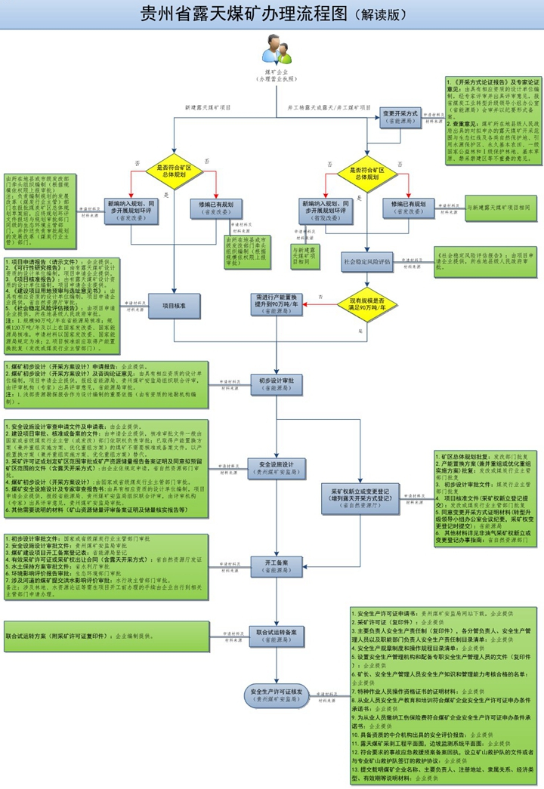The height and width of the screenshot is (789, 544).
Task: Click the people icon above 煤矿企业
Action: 277,51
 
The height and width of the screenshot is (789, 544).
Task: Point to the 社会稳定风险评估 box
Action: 367,262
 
